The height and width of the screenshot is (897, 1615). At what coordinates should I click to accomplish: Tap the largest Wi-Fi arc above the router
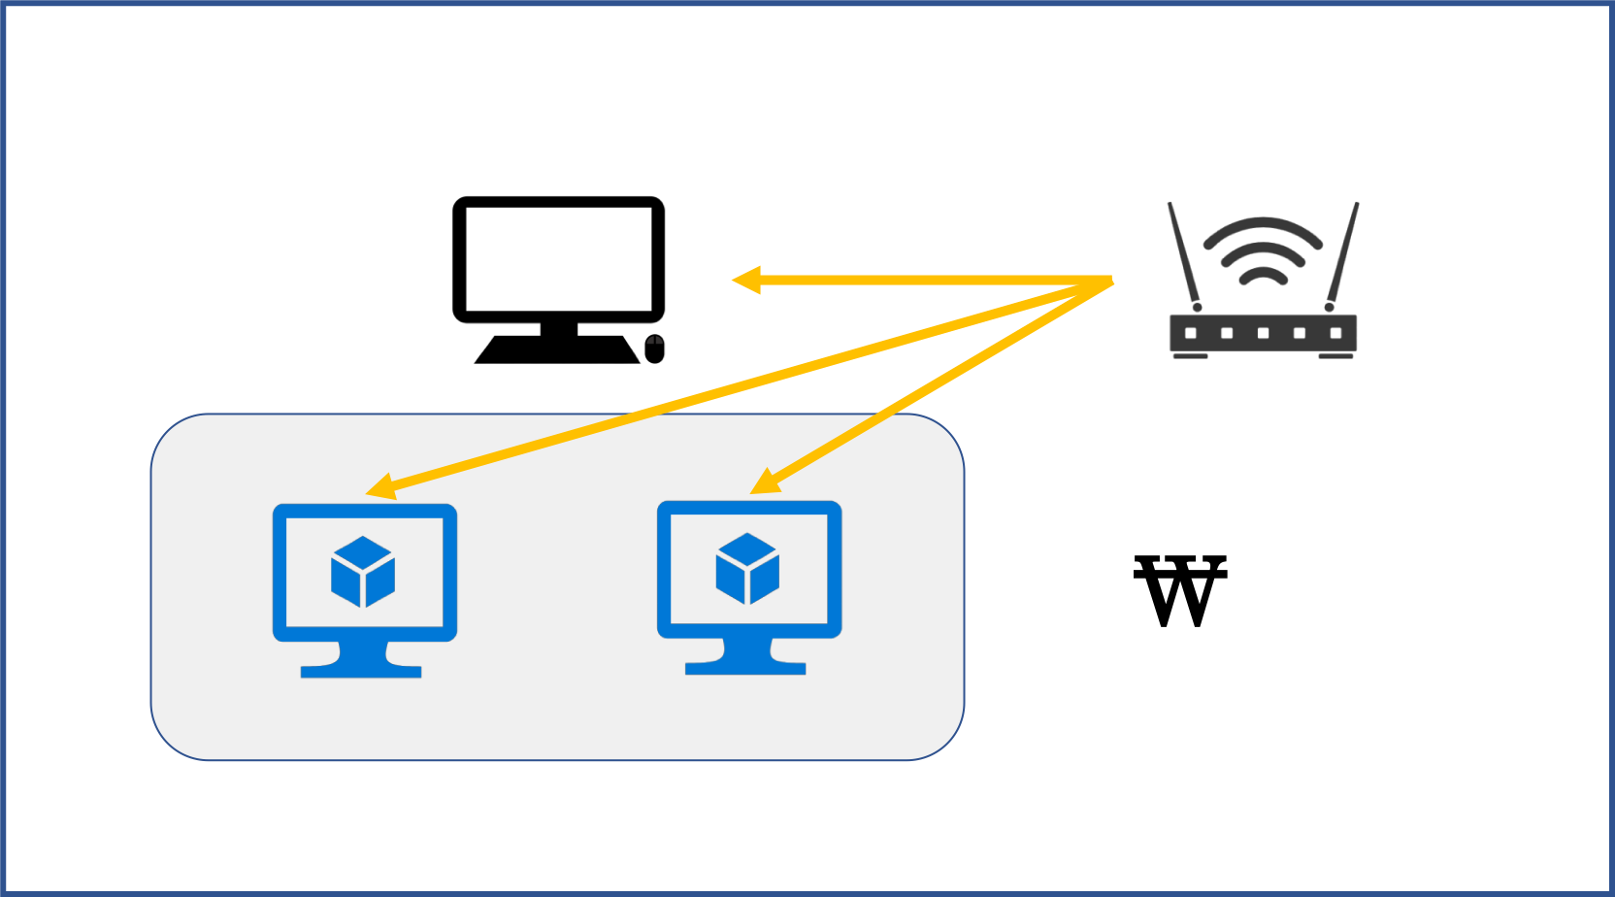point(1263,224)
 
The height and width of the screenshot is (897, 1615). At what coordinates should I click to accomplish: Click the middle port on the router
point(1263,333)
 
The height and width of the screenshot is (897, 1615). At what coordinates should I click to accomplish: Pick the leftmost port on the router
point(1191,333)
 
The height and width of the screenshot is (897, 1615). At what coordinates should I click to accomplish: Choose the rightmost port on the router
point(1335,333)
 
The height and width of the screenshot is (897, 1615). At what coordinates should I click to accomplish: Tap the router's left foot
point(1191,356)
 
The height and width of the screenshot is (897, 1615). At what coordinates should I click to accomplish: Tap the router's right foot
point(1335,356)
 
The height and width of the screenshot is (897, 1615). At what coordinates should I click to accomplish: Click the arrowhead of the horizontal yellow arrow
point(745,281)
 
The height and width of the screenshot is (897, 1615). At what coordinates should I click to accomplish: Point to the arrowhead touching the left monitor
point(380,487)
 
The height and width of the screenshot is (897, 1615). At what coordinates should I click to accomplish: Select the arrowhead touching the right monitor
point(763,482)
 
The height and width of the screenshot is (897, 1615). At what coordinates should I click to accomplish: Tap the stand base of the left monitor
point(361,671)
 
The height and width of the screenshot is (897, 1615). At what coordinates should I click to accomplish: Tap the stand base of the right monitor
point(745,668)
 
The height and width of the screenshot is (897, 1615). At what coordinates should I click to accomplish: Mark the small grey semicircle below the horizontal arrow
point(655,341)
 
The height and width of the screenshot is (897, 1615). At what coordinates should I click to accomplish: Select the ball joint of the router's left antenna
point(1197,307)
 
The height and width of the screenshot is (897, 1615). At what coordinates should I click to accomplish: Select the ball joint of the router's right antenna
point(1329,307)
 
